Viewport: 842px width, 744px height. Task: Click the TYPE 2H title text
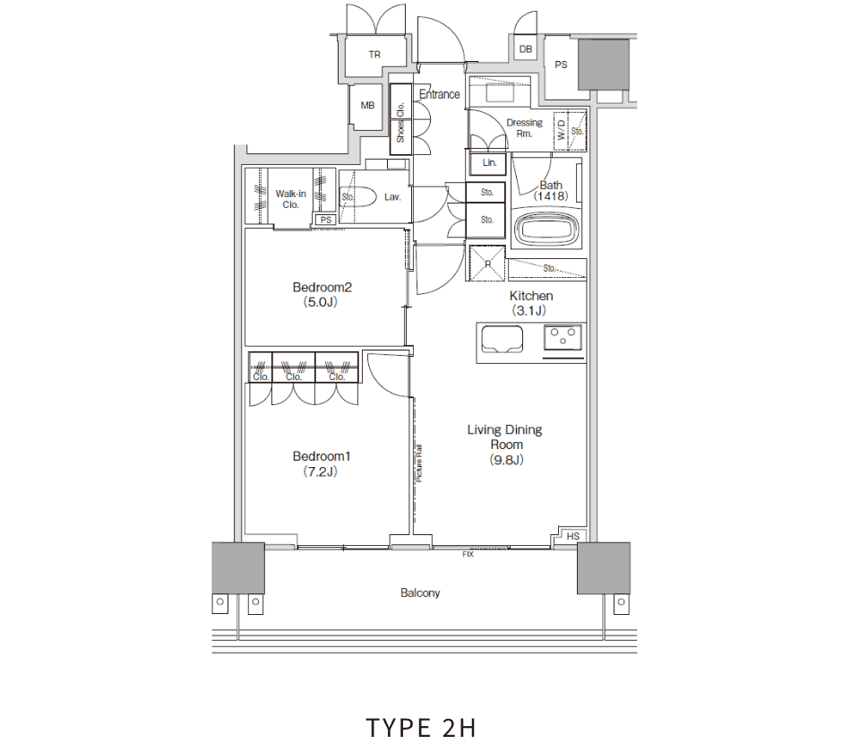(421, 728)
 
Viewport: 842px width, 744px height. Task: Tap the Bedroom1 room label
(322, 463)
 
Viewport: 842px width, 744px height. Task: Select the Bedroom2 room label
(322, 294)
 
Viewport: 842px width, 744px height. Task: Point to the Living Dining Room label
(505, 445)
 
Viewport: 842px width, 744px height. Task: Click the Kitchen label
(530, 303)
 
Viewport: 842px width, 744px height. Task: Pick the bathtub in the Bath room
(546, 229)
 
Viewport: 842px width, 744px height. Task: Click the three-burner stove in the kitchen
(563, 337)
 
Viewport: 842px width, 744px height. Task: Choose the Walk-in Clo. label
(290, 199)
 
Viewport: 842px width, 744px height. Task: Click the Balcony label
(420, 593)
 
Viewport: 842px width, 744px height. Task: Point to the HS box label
(573, 536)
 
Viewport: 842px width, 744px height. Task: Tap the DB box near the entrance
(526, 49)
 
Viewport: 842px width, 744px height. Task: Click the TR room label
(374, 55)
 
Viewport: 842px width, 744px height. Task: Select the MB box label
(367, 106)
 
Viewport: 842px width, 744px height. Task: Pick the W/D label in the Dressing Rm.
(561, 130)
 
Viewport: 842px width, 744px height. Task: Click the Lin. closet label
(489, 162)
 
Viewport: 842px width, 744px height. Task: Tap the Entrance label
(439, 94)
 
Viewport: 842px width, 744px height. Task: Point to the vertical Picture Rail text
(419, 463)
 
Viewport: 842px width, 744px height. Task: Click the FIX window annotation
(468, 554)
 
